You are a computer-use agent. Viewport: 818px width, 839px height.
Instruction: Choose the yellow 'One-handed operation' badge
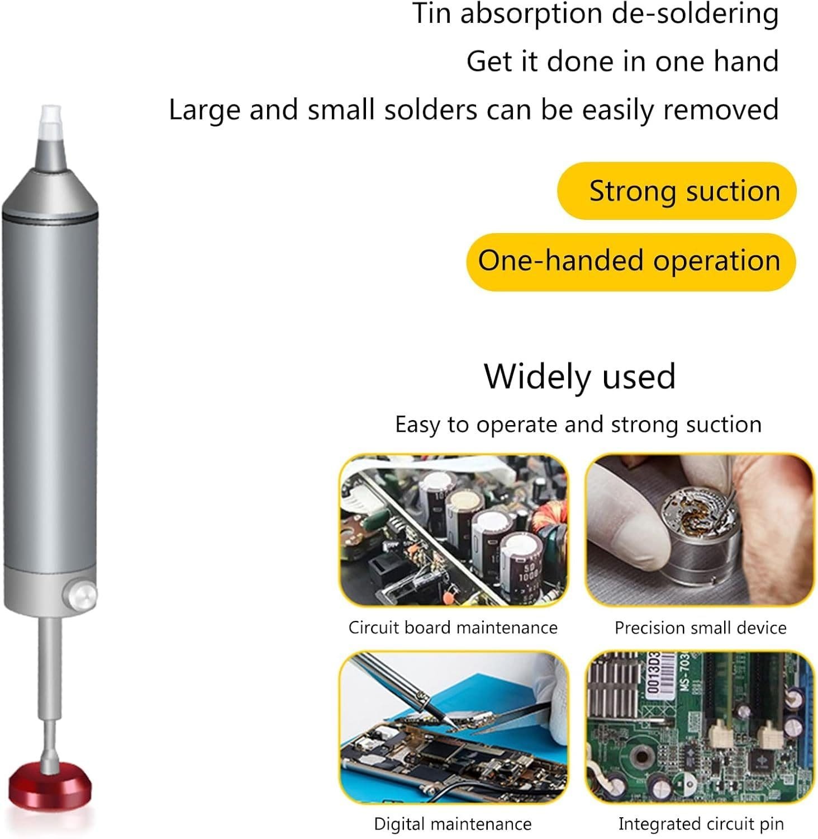pos(631,261)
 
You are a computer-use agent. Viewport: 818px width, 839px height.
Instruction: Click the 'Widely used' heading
pos(580,376)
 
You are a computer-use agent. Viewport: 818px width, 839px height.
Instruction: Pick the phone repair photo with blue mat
pos(453,727)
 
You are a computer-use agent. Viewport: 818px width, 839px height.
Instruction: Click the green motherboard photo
pos(700,727)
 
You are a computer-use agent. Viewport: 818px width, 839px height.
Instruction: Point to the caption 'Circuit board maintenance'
pos(453,628)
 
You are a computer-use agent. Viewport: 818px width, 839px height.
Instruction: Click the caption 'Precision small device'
pos(701,628)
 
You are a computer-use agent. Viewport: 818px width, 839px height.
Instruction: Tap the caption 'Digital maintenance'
pos(453,824)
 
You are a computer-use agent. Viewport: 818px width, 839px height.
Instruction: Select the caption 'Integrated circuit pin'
pos(701,824)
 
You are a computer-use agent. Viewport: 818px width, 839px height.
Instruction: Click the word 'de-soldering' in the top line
pos(695,13)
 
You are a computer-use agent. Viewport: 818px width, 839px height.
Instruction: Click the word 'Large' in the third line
pos(205,110)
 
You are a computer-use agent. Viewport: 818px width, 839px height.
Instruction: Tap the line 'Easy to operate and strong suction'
pos(578,425)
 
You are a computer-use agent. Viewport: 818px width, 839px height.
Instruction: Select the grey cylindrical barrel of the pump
pos(49,392)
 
